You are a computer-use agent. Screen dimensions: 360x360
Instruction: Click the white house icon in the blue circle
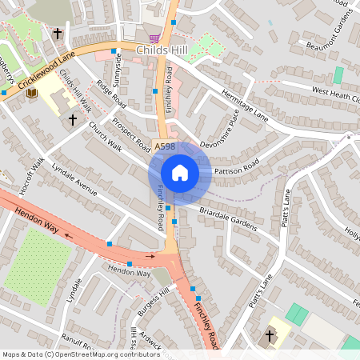pyautogui.click(x=180, y=173)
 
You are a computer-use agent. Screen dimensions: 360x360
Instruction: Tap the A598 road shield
pyautogui.click(x=164, y=146)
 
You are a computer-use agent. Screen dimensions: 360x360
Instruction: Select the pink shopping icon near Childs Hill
pyautogui.click(x=154, y=38)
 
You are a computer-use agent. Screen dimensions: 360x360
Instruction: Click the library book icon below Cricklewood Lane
pyautogui.click(x=33, y=94)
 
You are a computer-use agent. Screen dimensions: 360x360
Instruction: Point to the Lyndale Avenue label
pyautogui.click(x=74, y=180)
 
